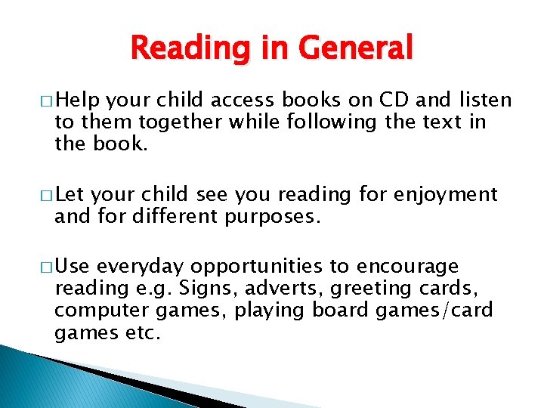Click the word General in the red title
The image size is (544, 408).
(356, 49)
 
